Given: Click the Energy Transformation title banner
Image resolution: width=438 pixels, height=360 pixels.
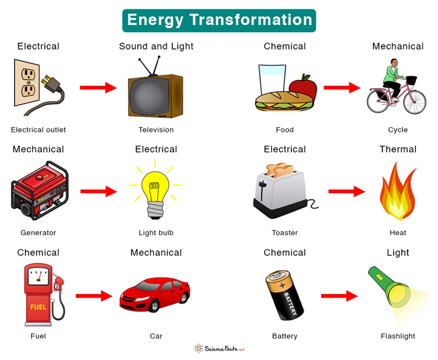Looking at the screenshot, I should (219, 20).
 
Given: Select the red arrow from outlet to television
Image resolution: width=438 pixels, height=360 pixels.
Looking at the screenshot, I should (98, 88).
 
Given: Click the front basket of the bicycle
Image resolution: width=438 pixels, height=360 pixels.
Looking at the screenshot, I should (411, 79).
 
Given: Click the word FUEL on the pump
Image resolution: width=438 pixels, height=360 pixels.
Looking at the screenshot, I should (37, 306).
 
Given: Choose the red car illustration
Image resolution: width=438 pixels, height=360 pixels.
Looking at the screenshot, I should (155, 295).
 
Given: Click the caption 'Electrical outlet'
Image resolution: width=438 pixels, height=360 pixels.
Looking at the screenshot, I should (39, 130).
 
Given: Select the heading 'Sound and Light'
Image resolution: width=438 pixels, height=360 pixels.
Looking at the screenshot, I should (156, 46).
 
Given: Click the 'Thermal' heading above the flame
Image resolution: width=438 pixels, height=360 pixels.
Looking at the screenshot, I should (398, 149).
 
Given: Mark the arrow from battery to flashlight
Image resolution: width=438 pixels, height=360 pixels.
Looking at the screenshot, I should (339, 296).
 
